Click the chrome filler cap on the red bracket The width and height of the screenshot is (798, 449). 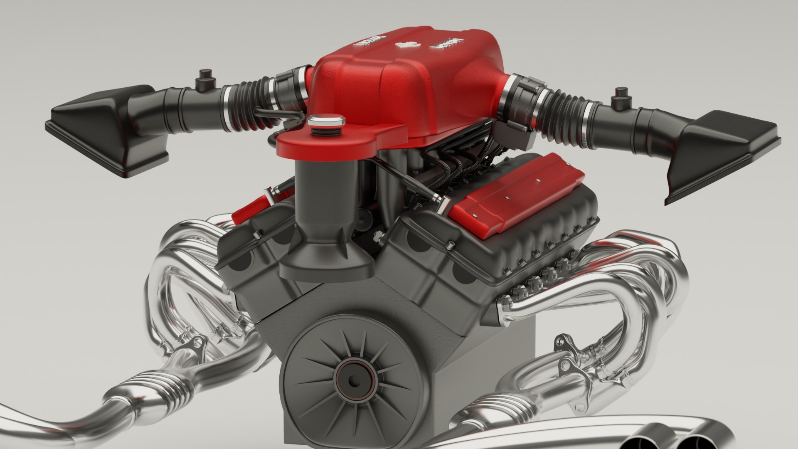pyautogui.click(x=326, y=121)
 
